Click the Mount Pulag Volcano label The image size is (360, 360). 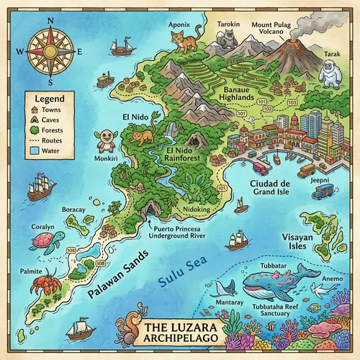[x=271, y=27]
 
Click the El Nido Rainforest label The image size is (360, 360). [x=183, y=155]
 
